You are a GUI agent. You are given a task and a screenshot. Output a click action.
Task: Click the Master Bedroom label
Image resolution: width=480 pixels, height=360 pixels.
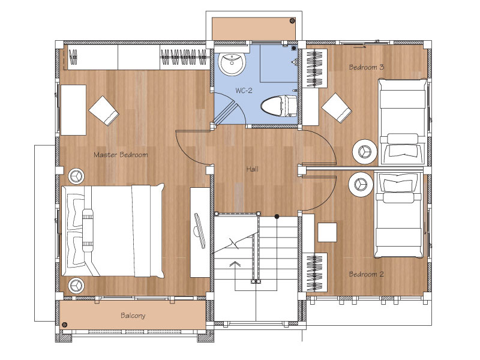[x=121, y=155]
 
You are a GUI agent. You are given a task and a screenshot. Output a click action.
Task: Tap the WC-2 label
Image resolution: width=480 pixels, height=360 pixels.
[x=244, y=91]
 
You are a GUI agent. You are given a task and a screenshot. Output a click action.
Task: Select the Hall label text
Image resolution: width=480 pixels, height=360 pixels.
[x=252, y=169]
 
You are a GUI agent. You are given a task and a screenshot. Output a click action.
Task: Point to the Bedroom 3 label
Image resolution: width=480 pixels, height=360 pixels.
[x=366, y=67]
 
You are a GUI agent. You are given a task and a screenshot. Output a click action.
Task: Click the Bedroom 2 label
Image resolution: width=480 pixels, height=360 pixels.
[x=366, y=274]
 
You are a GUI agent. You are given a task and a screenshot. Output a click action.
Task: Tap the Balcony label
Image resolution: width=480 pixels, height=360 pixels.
[x=133, y=316]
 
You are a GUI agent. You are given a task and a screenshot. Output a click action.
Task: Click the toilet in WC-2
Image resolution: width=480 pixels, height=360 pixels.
[x=279, y=106]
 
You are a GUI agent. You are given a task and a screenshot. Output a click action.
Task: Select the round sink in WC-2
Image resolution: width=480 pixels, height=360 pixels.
[x=232, y=64]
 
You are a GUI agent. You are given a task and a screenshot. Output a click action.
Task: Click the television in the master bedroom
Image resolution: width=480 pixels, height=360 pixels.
[x=200, y=230]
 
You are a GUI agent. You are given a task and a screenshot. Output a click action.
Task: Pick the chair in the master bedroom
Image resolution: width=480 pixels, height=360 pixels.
[x=104, y=111]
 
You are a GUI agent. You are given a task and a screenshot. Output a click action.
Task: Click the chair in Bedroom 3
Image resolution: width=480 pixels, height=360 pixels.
[x=337, y=108]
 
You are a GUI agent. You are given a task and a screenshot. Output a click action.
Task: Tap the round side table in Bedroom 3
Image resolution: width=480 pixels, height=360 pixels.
[x=365, y=152]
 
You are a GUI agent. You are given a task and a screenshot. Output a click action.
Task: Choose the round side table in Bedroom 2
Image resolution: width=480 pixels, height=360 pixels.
[x=361, y=185]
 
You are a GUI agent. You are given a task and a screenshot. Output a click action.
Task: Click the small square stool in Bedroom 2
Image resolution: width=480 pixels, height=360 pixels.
[x=327, y=232]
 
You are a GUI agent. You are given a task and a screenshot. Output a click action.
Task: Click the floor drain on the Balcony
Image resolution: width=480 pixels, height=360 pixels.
[x=64, y=325]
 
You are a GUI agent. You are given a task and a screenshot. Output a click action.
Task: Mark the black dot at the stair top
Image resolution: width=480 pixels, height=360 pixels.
[x=277, y=217]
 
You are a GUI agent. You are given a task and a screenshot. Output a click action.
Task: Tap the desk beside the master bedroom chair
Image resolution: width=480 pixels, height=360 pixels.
[x=73, y=110]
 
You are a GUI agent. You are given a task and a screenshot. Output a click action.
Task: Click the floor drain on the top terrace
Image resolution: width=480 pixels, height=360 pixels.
[x=293, y=21]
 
